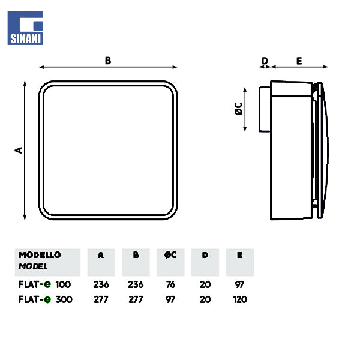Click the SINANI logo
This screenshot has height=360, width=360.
(x=25, y=28)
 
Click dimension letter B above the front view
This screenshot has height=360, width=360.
(x=108, y=61)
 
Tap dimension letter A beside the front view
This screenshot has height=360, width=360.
(x=19, y=150)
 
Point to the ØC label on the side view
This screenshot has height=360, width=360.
(x=239, y=109)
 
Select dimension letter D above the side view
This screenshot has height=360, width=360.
(x=265, y=61)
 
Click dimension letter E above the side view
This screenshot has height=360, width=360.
(x=299, y=61)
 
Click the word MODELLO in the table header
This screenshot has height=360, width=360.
(x=40, y=255)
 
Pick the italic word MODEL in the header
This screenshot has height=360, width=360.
(x=33, y=266)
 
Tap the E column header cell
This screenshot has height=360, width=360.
(x=239, y=262)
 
